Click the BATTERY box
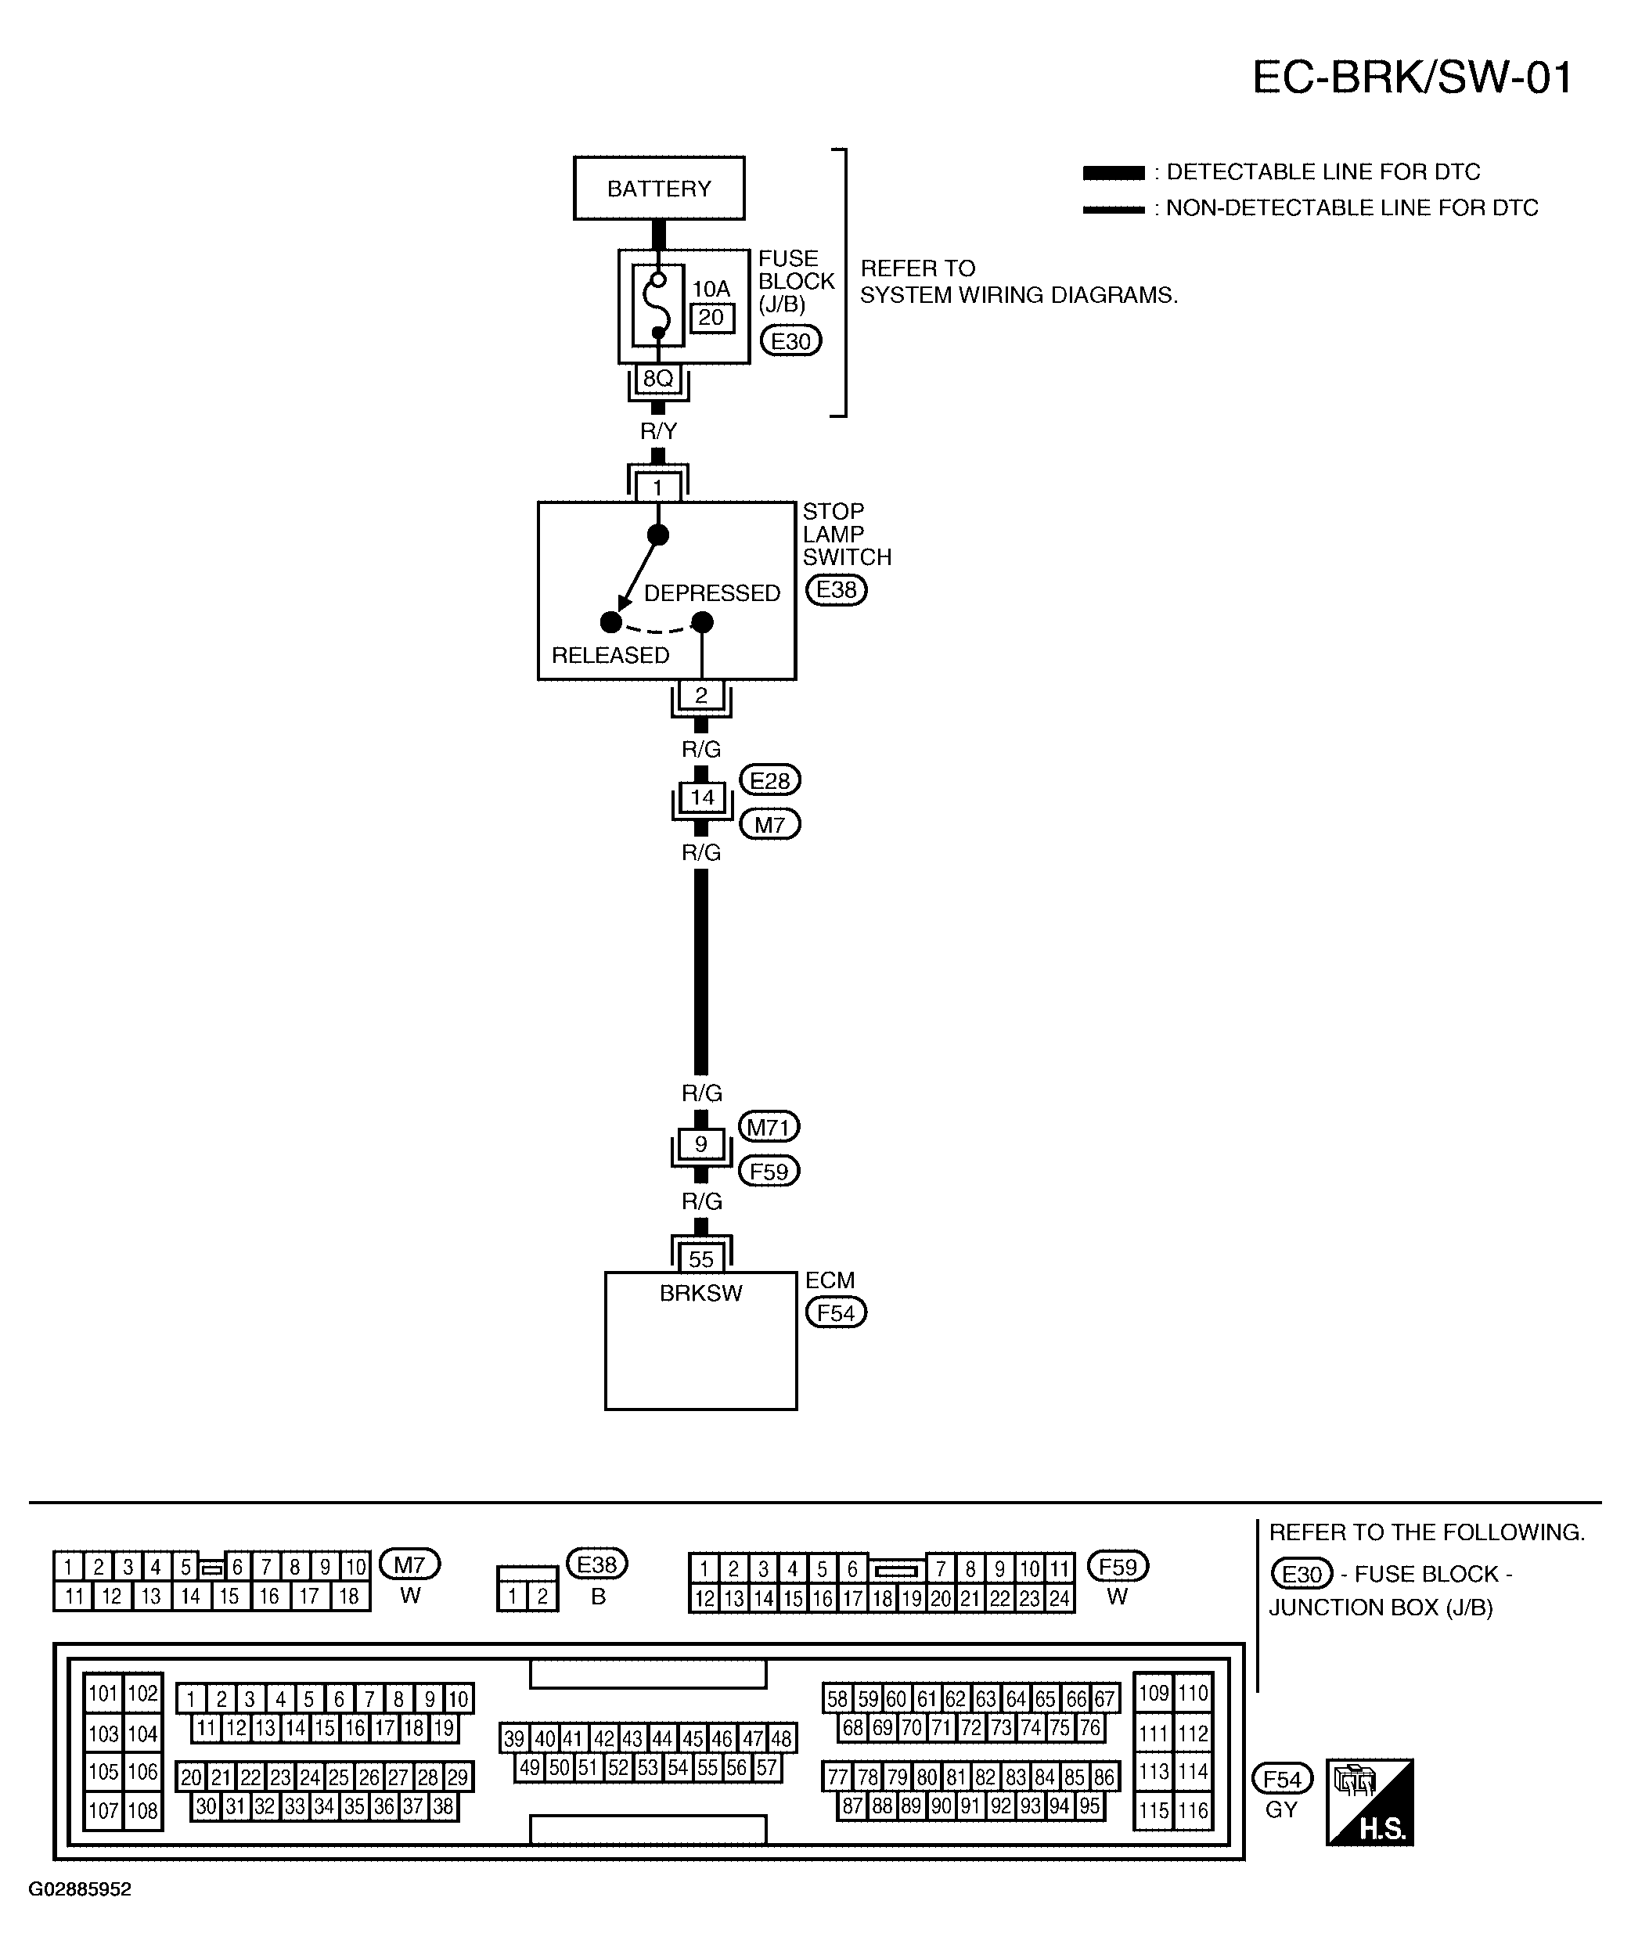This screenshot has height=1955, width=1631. pyautogui.click(x=659, y=188)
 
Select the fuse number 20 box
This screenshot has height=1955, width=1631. pyautogui.click(x=712, y=318)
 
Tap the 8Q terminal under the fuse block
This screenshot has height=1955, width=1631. pyautogui.click(x=658, y=378)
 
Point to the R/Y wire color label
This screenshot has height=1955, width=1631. pyautogui.click(x=658, y=431)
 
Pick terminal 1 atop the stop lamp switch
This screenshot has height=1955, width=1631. pyautogui.click(x=658, y=487)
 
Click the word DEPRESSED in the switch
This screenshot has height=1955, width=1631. pyautogui.click(x=712, y=593)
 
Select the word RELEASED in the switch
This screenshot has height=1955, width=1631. pyautogui.click(x=610, y=655)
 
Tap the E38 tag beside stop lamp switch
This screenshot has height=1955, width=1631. pyautogui.click(x=836, y=590)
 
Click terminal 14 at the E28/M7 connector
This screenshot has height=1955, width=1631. pyautogui.click(x=702, y=797)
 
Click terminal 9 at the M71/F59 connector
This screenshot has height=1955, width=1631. pyautogui.click(x=701, y=1143)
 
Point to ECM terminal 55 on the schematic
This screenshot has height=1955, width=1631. pyautogui.click(x=701, y=1258)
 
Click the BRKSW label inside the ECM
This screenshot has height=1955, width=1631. pyautogui.click(x=701, y=1293)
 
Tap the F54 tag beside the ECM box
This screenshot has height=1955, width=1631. pyautogui.click(x=836, y=1312)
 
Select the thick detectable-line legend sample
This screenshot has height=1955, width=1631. pyautogui.click(x=1114, y=173)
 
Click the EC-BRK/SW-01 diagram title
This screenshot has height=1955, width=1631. pyautogui.click(x=1412, y=77)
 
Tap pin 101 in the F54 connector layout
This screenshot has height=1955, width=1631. pyautogui.click(x=103, y=1694)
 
